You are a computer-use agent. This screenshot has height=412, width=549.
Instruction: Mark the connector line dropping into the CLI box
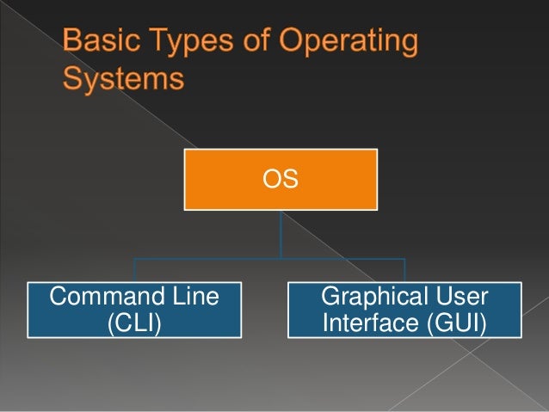(133, 268)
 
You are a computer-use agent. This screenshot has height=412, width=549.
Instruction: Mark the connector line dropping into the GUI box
(404, 268)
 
